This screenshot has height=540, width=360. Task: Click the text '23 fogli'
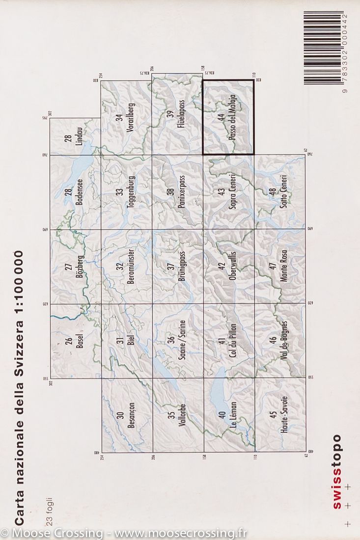(48, 511)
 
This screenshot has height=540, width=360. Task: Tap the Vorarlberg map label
(131, 118)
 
